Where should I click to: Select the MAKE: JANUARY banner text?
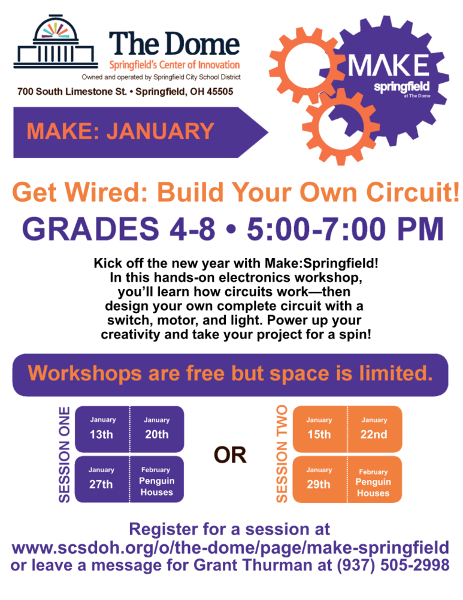[x=120, y=131]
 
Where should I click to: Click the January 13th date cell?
[x=101, y=428]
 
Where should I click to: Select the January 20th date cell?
[x=156, y=428]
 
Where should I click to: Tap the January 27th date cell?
[x=101, y=479]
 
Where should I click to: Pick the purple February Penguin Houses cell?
[x=156, y=482]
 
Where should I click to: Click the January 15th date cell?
[x=319, y=428]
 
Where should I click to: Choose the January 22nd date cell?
[x=374, y=428]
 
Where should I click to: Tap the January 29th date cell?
[x=319, y=479]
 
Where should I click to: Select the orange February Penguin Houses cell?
[x=374, y=483]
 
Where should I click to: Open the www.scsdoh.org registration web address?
[x=231, y=548]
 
